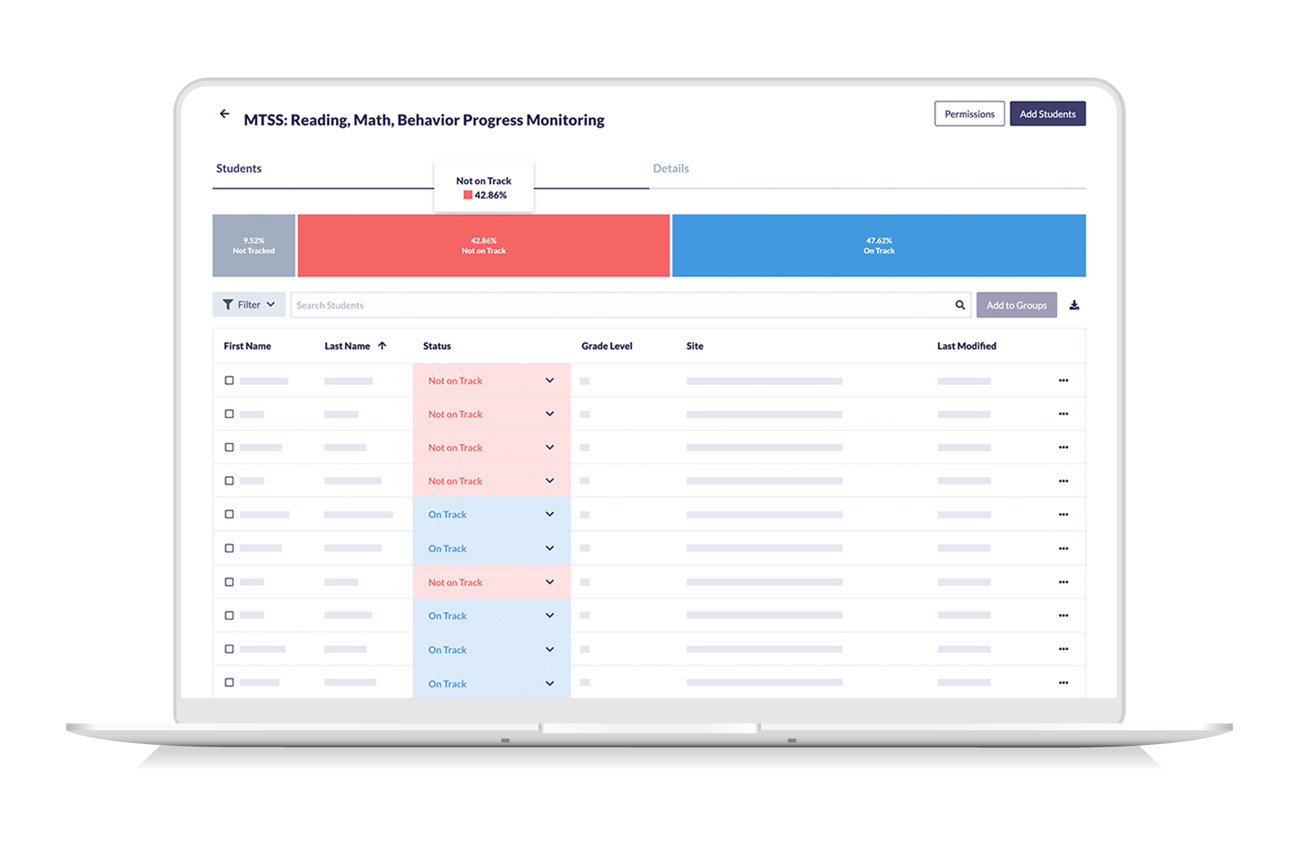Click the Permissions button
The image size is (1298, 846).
coord(969,114)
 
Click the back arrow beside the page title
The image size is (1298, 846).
coord(224,114)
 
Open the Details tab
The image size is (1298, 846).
coord(670,168)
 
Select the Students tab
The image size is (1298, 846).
coord(239,168)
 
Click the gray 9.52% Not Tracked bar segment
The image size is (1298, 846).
coord(253,245)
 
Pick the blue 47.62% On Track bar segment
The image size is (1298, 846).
coord(878,245)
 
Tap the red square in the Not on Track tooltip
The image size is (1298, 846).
coord(467,195)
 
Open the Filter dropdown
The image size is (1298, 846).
coord(249,305)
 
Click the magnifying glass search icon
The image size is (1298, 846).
coord(959,305)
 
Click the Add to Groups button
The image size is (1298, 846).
coord(1016,305)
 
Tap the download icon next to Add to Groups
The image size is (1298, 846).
coord(1074,305)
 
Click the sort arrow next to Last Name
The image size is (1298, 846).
coord(382,346)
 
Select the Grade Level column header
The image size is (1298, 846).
coord(606,346)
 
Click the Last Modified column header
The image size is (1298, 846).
coord(966,346)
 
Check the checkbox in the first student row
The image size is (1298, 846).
coord(229,381)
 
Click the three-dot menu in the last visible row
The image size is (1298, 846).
coord(1063,683)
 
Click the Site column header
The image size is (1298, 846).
coord(694,346)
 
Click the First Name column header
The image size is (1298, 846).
coord(247,346)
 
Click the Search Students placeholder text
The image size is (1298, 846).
coord(330,305)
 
